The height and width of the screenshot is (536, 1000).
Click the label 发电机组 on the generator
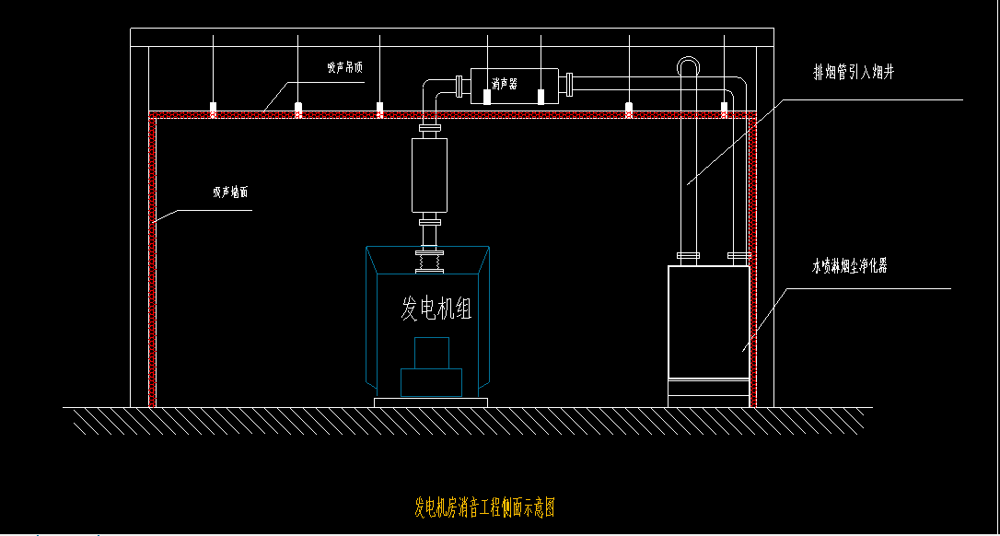point(436,309)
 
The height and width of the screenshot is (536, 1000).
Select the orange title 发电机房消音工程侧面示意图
point(484,507)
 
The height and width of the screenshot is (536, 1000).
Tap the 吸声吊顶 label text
point(346,68)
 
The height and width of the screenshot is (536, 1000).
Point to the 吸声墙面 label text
point(230,193)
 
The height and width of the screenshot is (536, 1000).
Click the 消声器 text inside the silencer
point(504,84)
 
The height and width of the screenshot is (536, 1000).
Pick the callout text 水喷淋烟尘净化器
point(849,267)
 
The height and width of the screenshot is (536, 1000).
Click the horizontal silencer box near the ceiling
point(515,85)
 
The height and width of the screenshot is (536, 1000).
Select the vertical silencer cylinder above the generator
point(430,174)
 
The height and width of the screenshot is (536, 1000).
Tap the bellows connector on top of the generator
point(430,262)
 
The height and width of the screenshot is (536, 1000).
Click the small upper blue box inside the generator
point(431,353)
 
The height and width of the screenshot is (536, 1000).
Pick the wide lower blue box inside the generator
point(431,382)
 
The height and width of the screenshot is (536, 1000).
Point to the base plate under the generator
point(430,402)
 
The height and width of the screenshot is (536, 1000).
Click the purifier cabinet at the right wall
point(708,321)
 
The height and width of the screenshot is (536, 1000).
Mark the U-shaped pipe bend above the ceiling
point(689,65)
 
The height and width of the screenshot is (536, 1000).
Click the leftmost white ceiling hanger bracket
point(214,109)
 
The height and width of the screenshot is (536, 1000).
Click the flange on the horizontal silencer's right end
point(570,85)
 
